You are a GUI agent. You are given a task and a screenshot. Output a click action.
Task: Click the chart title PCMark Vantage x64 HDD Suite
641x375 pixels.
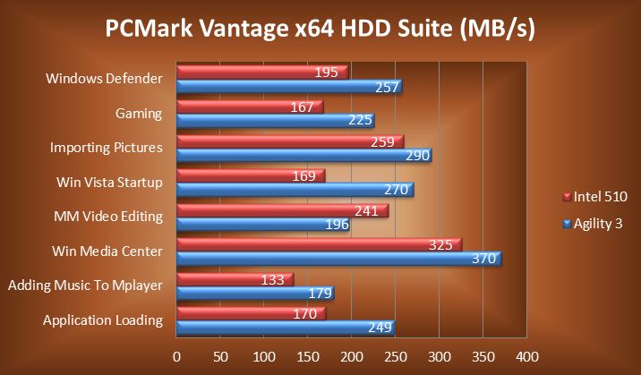click(x=320, y=30)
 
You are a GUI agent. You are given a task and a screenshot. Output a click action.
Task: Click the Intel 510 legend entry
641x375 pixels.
click(x=594, y=196)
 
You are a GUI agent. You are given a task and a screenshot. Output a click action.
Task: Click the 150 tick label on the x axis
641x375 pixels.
click(x=307, y=355)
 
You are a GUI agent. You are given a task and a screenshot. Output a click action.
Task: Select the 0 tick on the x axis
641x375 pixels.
click(x=176, y=355)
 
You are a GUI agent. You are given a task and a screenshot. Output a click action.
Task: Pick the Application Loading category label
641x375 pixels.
click(x=104, y=320)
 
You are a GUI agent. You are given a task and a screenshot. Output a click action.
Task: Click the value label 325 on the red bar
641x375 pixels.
click(x=441, y=244)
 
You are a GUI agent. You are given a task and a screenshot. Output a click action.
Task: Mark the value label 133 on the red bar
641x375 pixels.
click(x=273, y=279)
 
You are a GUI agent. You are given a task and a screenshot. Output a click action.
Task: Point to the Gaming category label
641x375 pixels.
click(x=139, y=114)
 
